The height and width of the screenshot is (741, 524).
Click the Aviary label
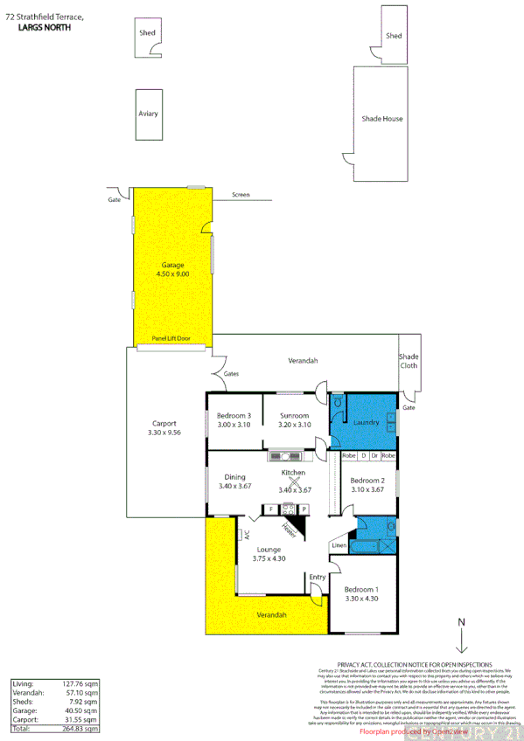[148, 114]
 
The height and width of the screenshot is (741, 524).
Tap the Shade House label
[382, 118]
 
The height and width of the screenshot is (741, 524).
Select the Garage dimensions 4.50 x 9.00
[172, 274]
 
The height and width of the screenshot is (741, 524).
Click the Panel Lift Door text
[171, 338]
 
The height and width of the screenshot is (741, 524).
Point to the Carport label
[164, 423]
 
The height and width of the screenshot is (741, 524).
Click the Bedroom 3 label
[234, 415]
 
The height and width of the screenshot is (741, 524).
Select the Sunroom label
[294, 415]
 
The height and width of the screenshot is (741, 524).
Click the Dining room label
[234, 476]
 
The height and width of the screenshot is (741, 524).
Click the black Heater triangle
[297, 523]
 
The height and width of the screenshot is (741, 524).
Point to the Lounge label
[269, 550]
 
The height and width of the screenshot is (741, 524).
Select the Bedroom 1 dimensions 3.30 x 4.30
[361, 599]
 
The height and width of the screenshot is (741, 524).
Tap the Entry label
[317, 577]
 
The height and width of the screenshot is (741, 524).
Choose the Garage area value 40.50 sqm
[80, 711]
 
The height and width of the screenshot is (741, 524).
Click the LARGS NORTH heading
[45, 28]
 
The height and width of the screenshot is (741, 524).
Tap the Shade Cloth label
[409, 361]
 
